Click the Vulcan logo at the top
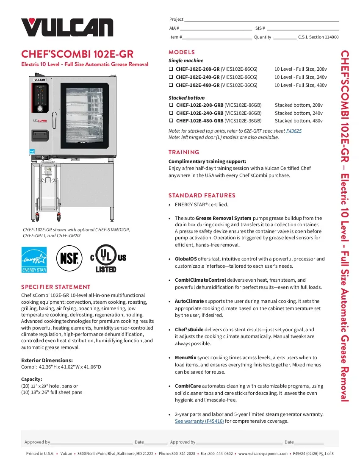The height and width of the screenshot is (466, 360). (67, 27)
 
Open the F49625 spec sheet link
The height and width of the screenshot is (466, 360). (294, 131)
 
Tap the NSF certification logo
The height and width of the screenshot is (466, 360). (69, 258)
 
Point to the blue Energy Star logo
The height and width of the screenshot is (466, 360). (34, 259)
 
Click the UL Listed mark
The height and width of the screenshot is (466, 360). (105, 258)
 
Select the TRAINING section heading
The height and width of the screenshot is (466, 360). (184, 152)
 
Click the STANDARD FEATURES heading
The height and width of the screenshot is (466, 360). (202, 195)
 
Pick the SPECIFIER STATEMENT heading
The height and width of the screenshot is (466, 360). (56, 287)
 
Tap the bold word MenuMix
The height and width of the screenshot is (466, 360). (186, 358)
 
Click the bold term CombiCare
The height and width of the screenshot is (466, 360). (188, 386)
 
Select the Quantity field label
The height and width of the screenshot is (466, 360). (262, 37)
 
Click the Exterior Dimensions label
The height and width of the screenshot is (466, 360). (47, 360)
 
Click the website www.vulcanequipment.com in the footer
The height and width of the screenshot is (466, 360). (263, 453)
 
